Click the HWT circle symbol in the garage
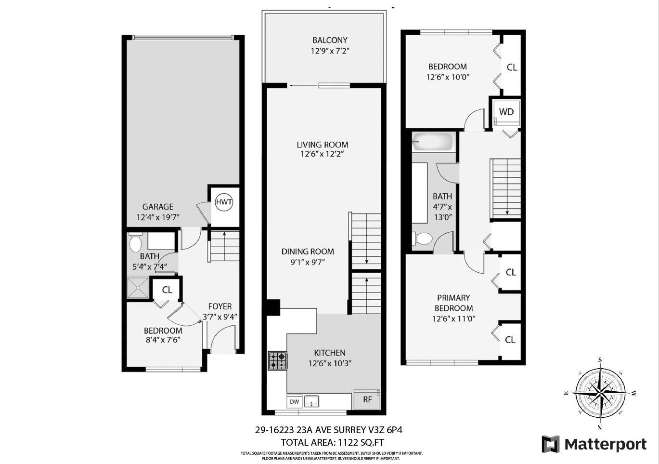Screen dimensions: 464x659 tap(223, 202)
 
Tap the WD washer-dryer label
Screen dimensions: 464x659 tap(506, 112)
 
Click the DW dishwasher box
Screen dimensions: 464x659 tap(294, 401)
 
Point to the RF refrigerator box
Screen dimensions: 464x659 tap(367, 399)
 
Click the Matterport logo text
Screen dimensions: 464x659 tap(605, 444)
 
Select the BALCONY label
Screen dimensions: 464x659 tap(330, 40)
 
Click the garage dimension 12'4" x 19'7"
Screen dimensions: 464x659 tap(158, 217)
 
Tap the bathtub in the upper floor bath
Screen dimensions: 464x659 tap(433, 142)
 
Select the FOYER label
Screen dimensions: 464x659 tap(220, 306)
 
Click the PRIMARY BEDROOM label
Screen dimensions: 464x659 tap(453, 303)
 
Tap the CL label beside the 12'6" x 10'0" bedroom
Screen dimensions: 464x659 tap(512, 67)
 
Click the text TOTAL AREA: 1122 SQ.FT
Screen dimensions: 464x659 tap(332, 442)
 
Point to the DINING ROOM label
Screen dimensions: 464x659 tap(308, 252)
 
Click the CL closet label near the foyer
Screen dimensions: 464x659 tap(167, 290)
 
